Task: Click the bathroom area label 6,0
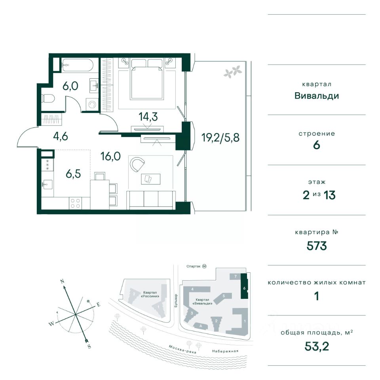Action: (70, 86)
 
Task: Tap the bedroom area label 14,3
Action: (148, 117)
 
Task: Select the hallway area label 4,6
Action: (61, 137)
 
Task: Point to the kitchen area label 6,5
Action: (73, 174)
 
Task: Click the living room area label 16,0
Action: (110, 157)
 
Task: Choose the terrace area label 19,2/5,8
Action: (220, 138)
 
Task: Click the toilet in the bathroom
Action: (48, 99)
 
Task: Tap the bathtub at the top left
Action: (77, 65)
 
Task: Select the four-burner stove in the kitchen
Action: (75, 203)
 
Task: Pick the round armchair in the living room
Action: (137, 165)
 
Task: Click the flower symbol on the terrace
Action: (233, 71)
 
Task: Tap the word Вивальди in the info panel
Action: (317, 96)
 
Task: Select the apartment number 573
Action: (317, 246)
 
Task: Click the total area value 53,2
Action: (317, 347)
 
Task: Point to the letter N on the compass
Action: (62, 281)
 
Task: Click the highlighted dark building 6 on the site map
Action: (244, 286)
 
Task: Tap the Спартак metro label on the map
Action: (194, 266)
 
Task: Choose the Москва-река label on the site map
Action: (182, 349)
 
